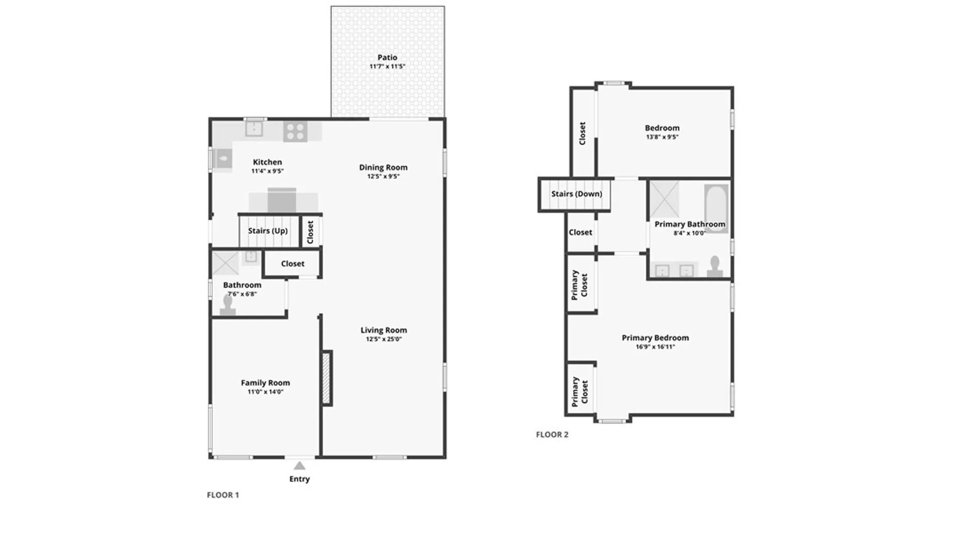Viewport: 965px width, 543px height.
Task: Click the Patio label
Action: [387, 57]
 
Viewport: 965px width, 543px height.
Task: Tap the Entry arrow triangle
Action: [300, 466]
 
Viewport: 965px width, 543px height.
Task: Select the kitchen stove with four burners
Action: [296, 131]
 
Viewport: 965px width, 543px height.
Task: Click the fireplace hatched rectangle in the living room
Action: [327, 378]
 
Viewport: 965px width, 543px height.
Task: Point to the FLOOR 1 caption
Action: [223, 495]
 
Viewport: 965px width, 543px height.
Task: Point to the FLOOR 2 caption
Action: [552, 434]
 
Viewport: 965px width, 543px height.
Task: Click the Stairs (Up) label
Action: [268, 231]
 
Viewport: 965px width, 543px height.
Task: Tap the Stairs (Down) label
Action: [576, 194]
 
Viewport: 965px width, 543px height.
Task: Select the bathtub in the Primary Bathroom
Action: [716, 207]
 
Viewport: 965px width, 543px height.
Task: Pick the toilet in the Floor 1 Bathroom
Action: [228, 305]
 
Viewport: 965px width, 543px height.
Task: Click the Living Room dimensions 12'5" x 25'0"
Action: [383, 339]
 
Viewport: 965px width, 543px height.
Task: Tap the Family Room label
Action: [265, 383]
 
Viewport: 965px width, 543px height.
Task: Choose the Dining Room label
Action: [383, 167]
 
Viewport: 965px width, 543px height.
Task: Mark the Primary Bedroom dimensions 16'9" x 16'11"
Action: [655, 346]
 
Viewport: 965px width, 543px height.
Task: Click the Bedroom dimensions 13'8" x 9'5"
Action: [662, 137]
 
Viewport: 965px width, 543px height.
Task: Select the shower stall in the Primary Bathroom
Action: [664, 199]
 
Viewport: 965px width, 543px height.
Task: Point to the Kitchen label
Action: [267, 162]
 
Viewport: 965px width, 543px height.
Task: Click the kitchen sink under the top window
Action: [254, 129]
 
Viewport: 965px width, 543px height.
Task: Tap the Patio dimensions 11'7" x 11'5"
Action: [387, 66]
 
